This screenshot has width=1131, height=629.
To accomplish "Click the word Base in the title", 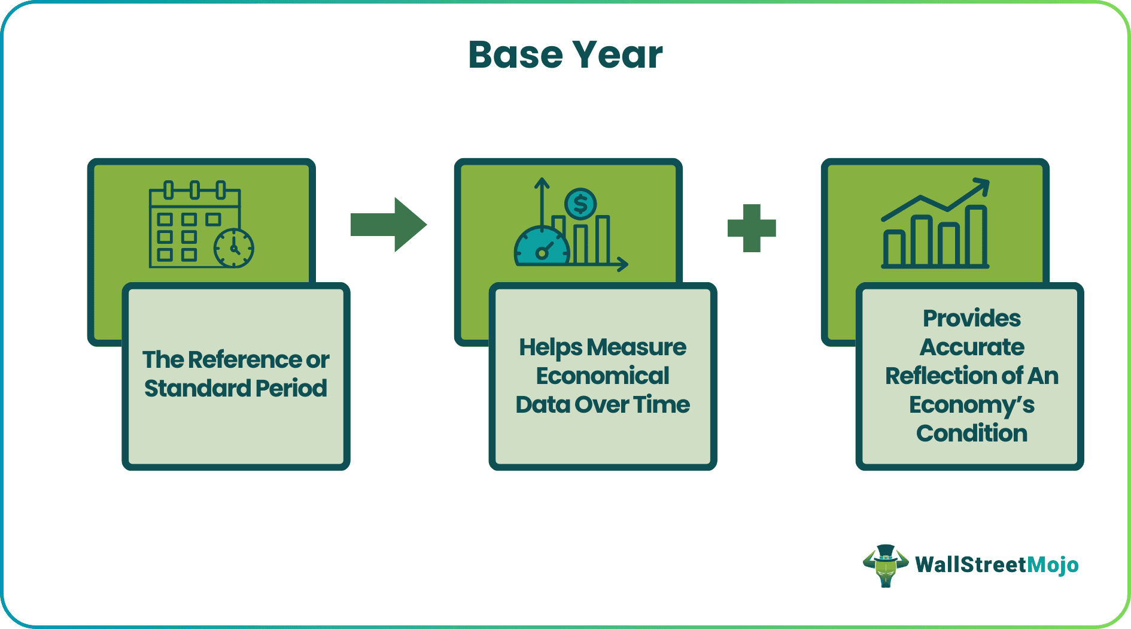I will point(515,55).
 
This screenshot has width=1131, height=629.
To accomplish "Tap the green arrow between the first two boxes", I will point(388,225).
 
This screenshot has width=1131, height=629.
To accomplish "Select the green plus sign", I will point(752,228).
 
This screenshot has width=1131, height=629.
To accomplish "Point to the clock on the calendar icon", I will point(234,248).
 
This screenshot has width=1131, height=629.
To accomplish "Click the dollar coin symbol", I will point(580,204).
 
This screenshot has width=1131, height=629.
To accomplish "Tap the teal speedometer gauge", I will point(542,247).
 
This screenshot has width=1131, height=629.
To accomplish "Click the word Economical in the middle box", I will point(603,376).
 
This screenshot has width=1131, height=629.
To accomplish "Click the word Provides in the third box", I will point(971,319).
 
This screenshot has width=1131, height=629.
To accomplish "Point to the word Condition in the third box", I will point(971,434).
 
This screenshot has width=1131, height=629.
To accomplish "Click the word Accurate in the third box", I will point(971,347).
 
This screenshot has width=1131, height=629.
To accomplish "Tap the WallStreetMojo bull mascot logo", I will point(885,565).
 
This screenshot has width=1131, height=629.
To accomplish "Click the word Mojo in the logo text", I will point(1053,565).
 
